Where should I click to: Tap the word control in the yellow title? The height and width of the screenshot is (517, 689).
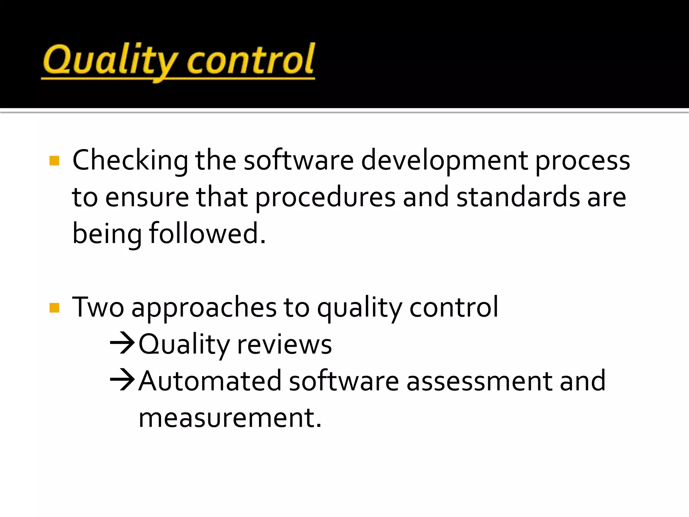pos(251,61)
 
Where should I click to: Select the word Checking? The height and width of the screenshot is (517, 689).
pos(130,161)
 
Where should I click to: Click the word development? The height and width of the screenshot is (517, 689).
pos(444,161)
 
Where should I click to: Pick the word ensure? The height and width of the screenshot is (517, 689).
pos(147,198)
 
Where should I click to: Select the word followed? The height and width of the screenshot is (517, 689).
pos(207,233)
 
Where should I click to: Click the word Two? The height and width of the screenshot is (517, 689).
pos(98,307)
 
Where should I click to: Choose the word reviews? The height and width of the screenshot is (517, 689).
pos(285,345)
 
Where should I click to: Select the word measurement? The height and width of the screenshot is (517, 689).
pos(230,418)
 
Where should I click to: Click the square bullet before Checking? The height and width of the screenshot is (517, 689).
pos(54,161)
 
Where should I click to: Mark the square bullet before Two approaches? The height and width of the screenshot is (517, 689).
pos(54,308)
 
